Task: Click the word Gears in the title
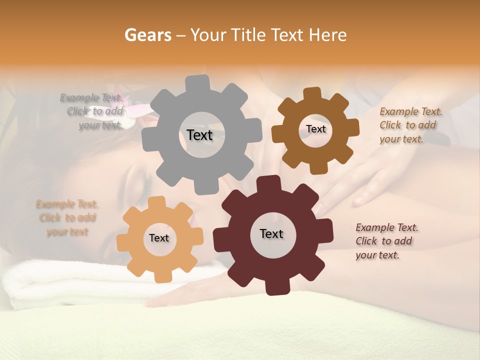click(x=147, y=35)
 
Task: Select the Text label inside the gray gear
click(x=199, y=135)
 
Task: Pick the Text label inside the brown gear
click(x=315, y=129)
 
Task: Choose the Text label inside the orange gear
click(x=159, y=238)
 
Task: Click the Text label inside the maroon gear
click(x=271, y=234)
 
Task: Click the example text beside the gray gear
click(x=93, y=111)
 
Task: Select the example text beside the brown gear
click(x=410, y=125)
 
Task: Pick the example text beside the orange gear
click(x=67, y=218)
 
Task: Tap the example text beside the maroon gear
click(x=386, y=241)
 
